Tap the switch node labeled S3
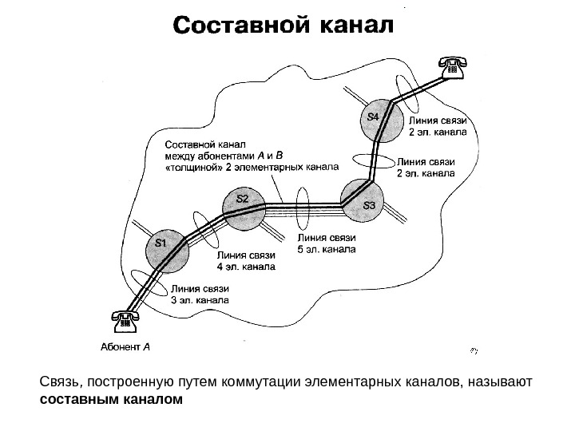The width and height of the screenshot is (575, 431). [362, 200]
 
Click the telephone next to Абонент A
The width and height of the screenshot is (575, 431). [125, 321]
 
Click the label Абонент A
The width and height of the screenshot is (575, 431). [125, 347]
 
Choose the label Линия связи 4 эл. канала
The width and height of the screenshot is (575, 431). [245, 261]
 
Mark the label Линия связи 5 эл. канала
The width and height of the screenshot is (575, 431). [326, 243]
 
